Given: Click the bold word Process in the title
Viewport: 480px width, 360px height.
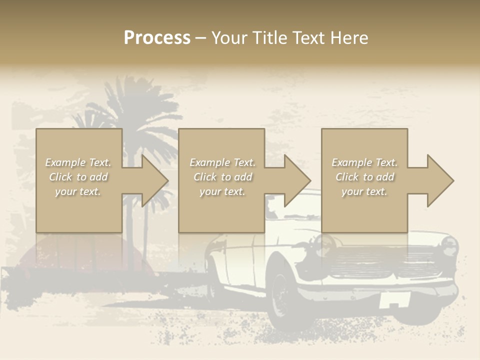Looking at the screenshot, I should [x=157, y=38].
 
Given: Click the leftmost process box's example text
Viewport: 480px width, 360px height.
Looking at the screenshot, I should [x=78, y=177].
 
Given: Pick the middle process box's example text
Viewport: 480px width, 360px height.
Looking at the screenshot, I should [x=222, y=177].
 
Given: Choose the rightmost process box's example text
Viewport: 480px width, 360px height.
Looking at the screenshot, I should [x=364, y=177].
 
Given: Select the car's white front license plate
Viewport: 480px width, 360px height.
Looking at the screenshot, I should [x=394, y=300].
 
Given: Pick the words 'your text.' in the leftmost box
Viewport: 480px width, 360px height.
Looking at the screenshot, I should [x=78, y=191].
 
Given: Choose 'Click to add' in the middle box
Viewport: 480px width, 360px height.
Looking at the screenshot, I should [x=222, y=177].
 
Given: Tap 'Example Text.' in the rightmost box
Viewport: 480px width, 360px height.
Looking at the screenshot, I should [x=364, y=162].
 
